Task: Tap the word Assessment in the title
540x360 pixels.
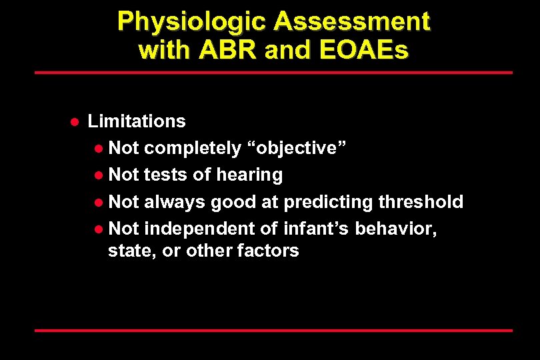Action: click(x=351, y=22)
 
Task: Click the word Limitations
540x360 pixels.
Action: click(x=137, y=121)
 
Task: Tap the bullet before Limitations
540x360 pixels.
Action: click(x=75, y=121)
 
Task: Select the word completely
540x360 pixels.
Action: click(x=192, y=148)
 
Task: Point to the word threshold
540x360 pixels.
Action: click(x=421, y=201)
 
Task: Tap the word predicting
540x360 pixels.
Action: click(x=328, y=201)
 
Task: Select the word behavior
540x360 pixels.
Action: click(x=395, y=229)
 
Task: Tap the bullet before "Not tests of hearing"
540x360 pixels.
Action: click(x=99, y=175)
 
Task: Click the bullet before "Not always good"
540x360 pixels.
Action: click(x=99, y=202)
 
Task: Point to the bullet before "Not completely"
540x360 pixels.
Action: click(x=99, y=149)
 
